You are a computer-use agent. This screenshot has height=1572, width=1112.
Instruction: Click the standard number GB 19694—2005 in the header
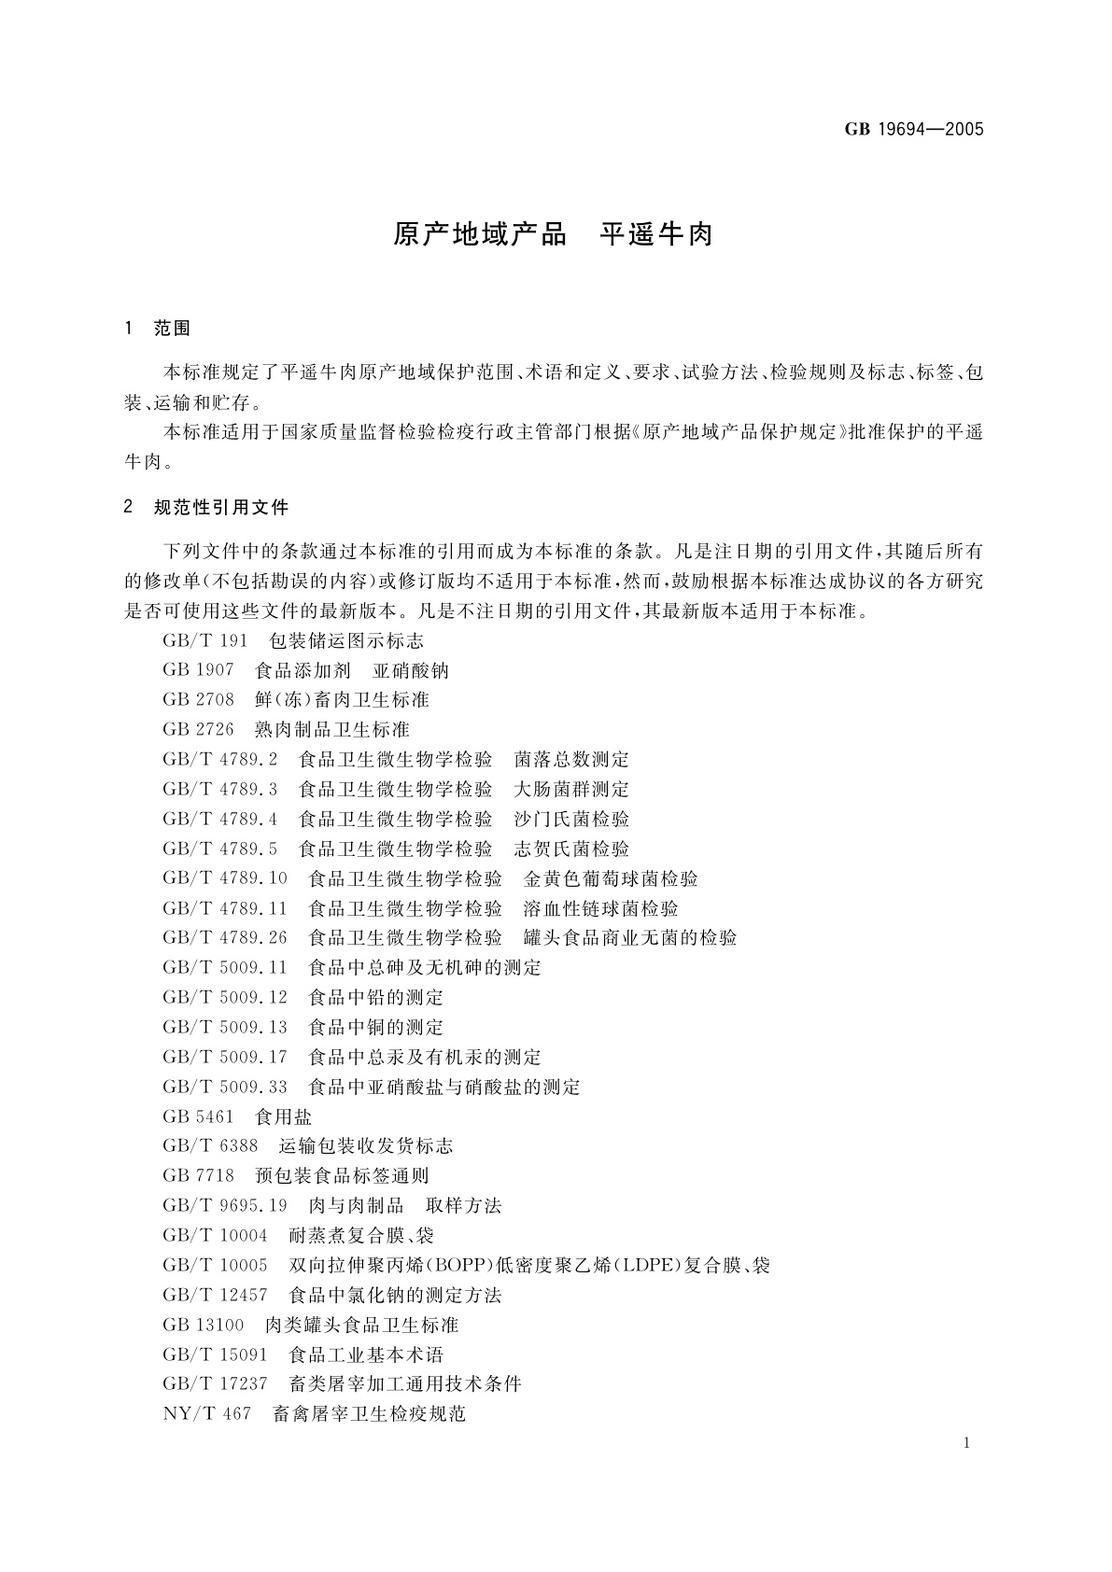click(914, 130)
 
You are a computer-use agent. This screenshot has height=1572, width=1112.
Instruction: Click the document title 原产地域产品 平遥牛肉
click(553, 234)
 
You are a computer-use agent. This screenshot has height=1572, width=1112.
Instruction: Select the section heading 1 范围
click(157, 329)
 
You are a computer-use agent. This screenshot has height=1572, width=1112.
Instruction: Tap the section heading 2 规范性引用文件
click(206, 508)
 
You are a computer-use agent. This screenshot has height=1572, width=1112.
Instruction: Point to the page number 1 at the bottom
click(966, 1443)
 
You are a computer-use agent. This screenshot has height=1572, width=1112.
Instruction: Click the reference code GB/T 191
click(205, 640)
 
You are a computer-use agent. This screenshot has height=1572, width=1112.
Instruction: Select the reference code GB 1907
click(198, 670)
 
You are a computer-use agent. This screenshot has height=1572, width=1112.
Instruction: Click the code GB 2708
click(198, 700)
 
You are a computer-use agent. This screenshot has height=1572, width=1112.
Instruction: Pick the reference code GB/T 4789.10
click(225, 878)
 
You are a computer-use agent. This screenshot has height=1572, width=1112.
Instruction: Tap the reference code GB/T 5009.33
click(225, 1087)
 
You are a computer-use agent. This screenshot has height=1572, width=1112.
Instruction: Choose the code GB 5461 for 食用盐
click(198, 1116)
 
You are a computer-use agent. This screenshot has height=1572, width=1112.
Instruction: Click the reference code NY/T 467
click(206, 1413)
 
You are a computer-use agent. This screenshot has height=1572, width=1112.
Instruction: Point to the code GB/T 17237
click(215, 1383)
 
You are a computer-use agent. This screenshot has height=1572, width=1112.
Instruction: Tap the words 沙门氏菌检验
click(571, 819)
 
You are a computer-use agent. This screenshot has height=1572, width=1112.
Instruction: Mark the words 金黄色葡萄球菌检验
click(611, 878)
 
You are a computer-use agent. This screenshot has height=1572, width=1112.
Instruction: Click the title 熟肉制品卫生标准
click(331, 729)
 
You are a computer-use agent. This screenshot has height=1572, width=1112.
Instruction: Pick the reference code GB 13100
click(203, 1325)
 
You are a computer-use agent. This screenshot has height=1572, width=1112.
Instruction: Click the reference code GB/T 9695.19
click(225, 1205)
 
